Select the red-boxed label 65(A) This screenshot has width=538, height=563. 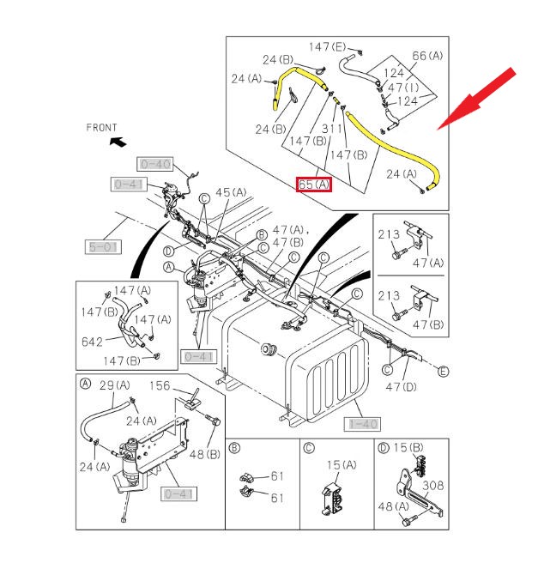pos(313,184)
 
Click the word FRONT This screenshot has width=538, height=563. pos(101,128)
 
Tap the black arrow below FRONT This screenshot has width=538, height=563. pos(118,142)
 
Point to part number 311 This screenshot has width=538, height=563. pos(334,129)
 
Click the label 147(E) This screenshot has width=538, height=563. pos(328,46)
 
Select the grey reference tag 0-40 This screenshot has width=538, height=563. pos(155,164)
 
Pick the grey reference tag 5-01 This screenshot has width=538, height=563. pos(103,247)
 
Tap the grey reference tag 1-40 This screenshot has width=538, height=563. pos(363,423)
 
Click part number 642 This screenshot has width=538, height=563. pos(92,341)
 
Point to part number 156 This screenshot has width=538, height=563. pos(161,385)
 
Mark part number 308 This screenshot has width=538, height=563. pos(433,485)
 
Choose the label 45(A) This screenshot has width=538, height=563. pos(231,192)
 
